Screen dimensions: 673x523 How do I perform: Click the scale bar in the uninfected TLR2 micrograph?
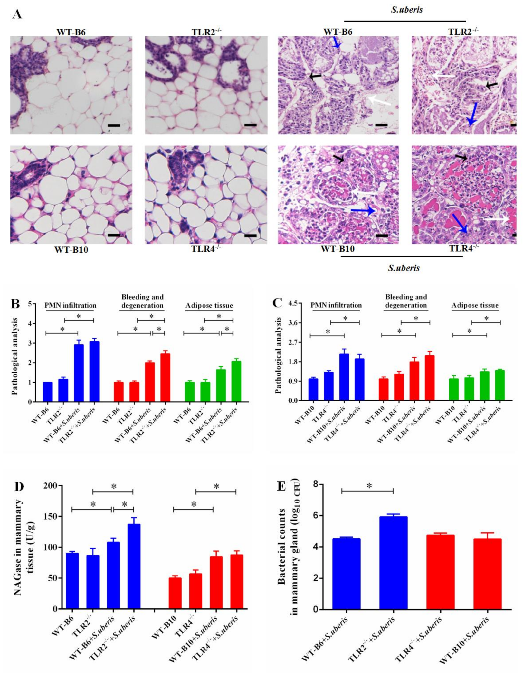[250, 125]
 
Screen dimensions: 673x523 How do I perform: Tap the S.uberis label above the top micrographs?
[407, 10]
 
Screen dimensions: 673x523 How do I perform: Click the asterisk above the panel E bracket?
[369, 486]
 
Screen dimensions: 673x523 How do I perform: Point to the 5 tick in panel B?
[30, 304]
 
